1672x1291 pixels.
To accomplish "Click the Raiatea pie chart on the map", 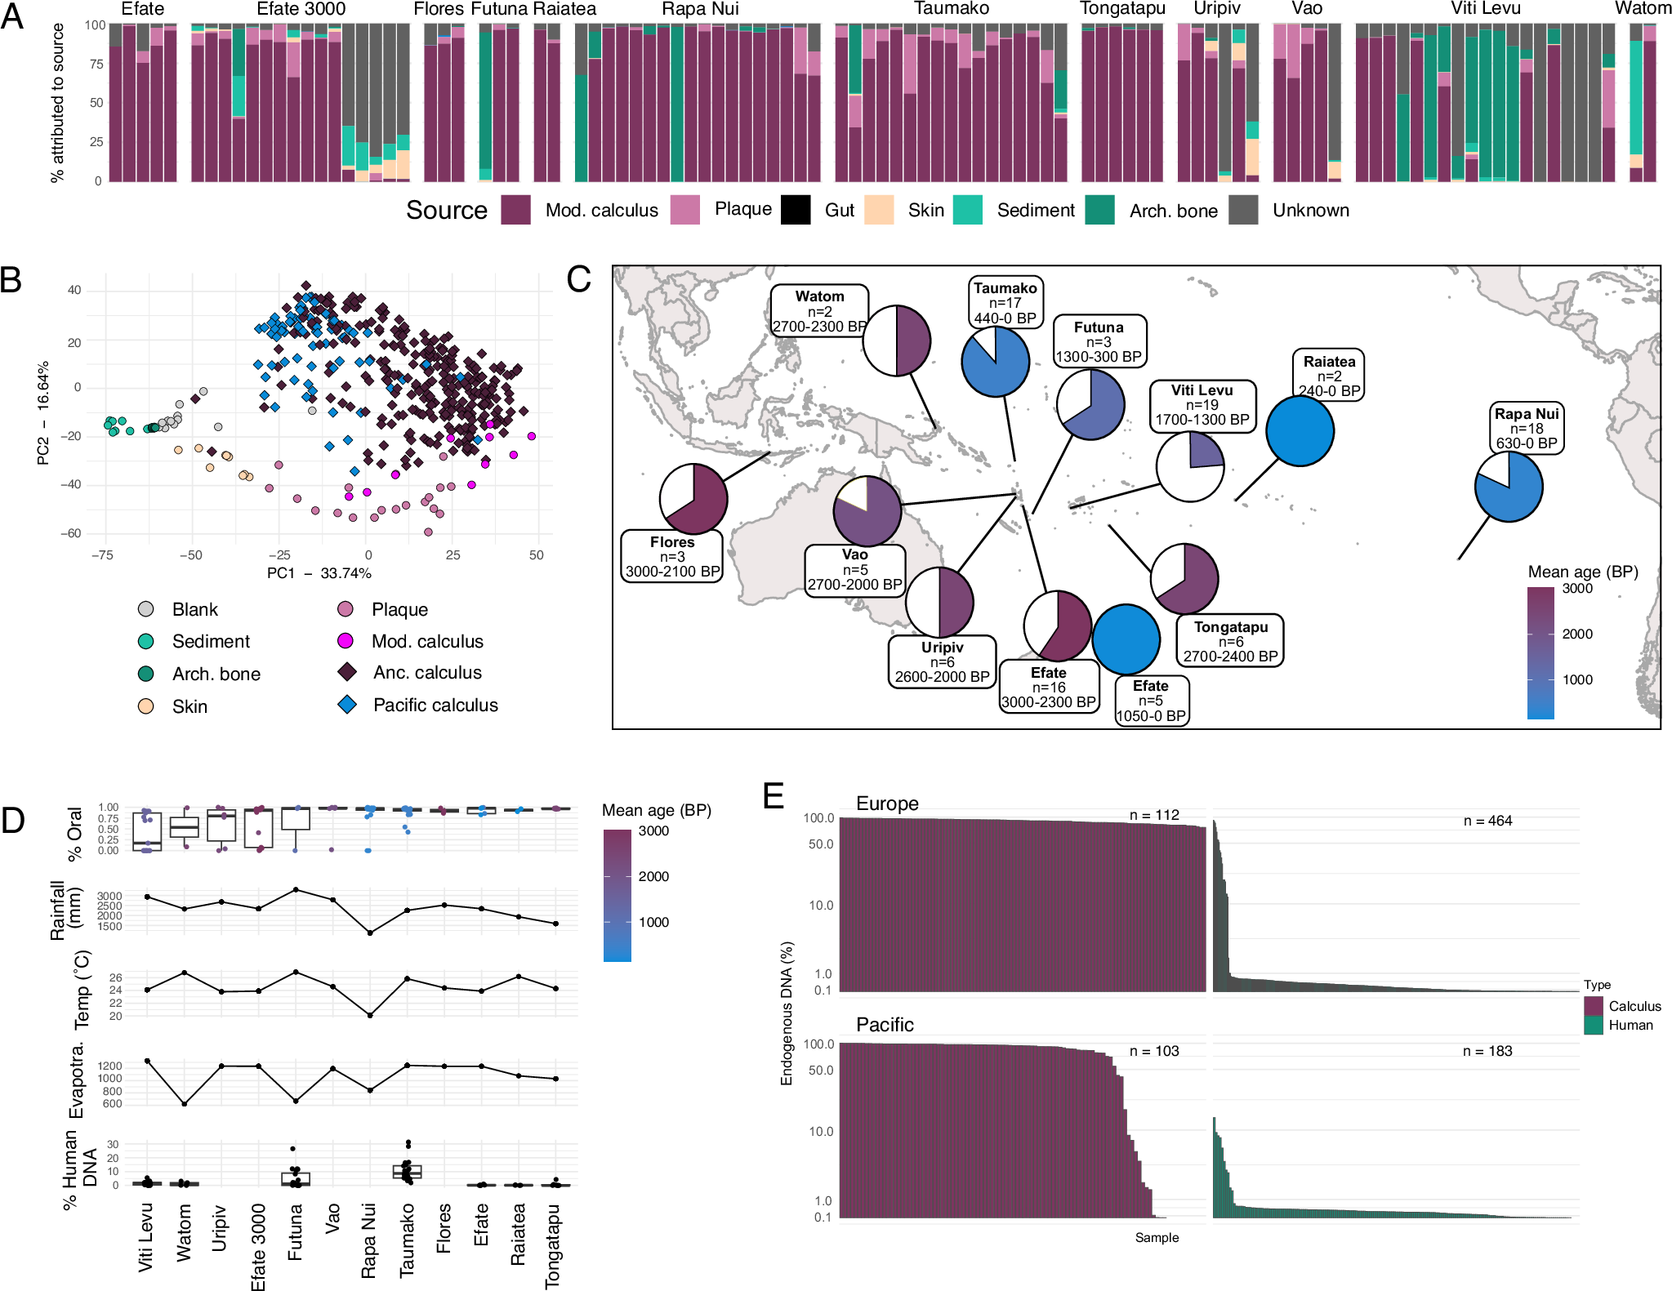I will tap(1300, 431).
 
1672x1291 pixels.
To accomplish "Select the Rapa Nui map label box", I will tap(1526, 428).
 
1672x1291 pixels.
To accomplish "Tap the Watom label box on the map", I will tap(819, 311).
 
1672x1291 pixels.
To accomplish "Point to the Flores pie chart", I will tap(693, 499).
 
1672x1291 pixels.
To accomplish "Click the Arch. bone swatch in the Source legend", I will tap(1099, 210).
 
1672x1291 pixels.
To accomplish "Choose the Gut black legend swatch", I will tap(796, 210).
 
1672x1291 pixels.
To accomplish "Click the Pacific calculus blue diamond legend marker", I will tap(347, 705).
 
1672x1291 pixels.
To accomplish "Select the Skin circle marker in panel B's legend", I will tap(146, 706).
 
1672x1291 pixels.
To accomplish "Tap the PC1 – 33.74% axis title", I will tap(319, 573).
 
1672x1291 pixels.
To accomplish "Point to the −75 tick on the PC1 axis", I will tap(102, 555).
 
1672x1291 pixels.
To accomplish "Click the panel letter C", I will tap(578, 280).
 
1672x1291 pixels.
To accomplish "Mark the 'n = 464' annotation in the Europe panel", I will tap(1487, 821).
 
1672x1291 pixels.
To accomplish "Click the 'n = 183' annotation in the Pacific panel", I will tap(1487, 1051).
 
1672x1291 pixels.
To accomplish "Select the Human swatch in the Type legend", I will tap(1593, 1026).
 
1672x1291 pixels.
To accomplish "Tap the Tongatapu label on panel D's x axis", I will tap(553, 1245).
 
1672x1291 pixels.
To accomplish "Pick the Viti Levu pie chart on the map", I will tap(1190, 466).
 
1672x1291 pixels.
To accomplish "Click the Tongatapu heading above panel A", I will tap(1122, 9).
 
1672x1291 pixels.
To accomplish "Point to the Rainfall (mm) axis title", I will tap(65, 910).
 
